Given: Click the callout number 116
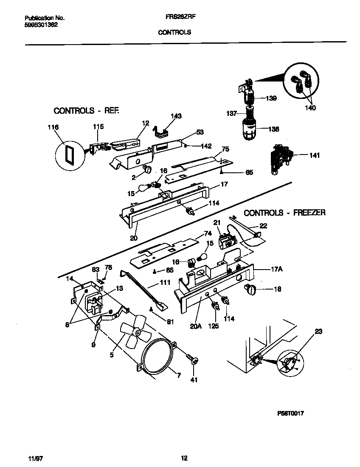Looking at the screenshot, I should point(53,127).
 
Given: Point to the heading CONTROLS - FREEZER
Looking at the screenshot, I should point(284,213).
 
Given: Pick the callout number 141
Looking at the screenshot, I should point(314,155).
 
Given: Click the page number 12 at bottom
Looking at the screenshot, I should point(184,458).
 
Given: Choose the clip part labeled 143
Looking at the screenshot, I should point(160,132).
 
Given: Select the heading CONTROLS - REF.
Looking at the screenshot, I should point(87,111).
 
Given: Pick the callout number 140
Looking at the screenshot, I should point(310,108).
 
